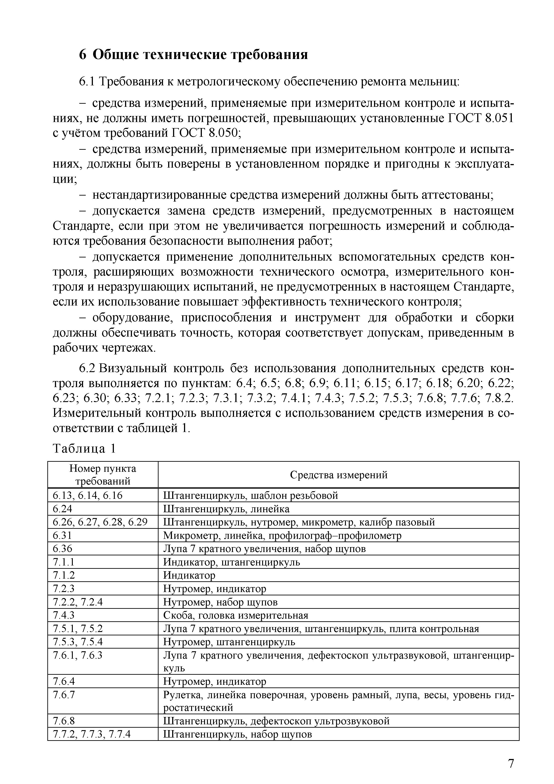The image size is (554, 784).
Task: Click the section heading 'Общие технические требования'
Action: coord(200,55)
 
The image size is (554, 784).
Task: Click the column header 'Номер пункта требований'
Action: coord(103,475)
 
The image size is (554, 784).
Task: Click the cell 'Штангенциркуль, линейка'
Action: coord(226,509)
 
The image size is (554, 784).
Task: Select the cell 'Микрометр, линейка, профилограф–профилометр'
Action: coord(282,535)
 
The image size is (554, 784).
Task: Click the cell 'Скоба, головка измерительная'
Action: coord(235,615)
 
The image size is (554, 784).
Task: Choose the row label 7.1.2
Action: coord(64,575)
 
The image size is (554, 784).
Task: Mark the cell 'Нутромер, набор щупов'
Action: coord(220,602)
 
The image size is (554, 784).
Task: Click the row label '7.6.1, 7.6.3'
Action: coord(77,655)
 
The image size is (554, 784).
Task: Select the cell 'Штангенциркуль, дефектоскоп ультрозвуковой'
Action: coord(276,721)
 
